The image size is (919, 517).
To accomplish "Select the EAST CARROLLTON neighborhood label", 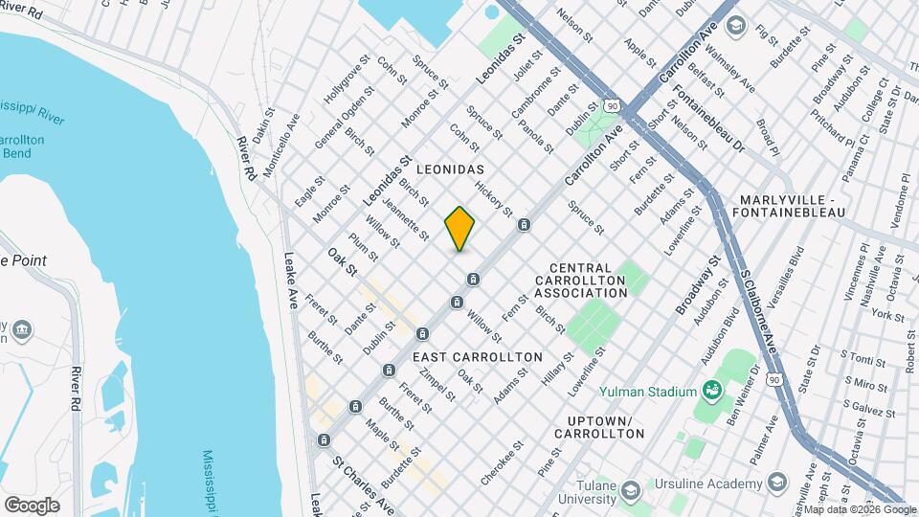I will click(x=478, y=356).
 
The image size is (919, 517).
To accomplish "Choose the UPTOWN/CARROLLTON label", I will click(x=605, y=427).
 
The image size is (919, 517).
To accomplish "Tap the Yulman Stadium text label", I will click(x=647, y=391).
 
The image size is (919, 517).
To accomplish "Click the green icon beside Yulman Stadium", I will click(x=711, y=390).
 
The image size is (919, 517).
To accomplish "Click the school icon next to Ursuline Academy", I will click(x=776, y=481).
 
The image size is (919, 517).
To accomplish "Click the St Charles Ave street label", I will click(x=363, y=486).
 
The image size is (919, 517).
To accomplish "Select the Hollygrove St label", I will click(x=346, y=82).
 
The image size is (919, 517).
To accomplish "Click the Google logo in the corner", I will click(x=32, y=505).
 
